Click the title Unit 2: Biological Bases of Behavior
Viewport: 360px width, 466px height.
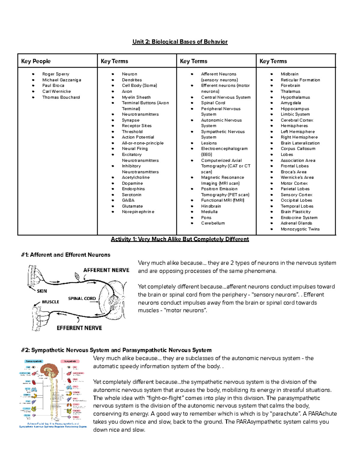(x=180, y=42)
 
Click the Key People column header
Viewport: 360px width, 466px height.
(x=36, y=61)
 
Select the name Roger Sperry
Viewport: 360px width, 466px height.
(x=55, y=74)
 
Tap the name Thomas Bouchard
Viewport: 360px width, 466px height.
(x=61, y=97)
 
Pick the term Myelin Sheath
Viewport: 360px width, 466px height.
(x=136, y=97)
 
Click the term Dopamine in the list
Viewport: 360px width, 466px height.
(x=132, y=183)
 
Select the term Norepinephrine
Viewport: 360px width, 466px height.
(x=138, y=212)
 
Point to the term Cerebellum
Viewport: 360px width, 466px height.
(x=213, y=223)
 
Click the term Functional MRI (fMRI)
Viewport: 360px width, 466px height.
(x=223, y=200)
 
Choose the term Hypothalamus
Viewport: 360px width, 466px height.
(x=295, y=97)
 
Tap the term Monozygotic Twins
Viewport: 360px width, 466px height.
(x=300, y=229)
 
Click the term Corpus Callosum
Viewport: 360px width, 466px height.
(x=298, y=149)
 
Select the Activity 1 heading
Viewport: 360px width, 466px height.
(x=180, y=239)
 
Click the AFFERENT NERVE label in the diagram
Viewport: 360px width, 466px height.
(x=106, y=270)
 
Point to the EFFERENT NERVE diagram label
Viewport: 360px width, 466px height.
(x=79, y=328)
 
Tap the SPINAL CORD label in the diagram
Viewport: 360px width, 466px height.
(x=82, y=299)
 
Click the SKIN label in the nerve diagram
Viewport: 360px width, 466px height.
(x=42, y=291)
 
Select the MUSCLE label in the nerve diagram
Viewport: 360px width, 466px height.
(x=50, y=302)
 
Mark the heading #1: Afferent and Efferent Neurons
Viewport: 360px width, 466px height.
(x=66, y=255)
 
